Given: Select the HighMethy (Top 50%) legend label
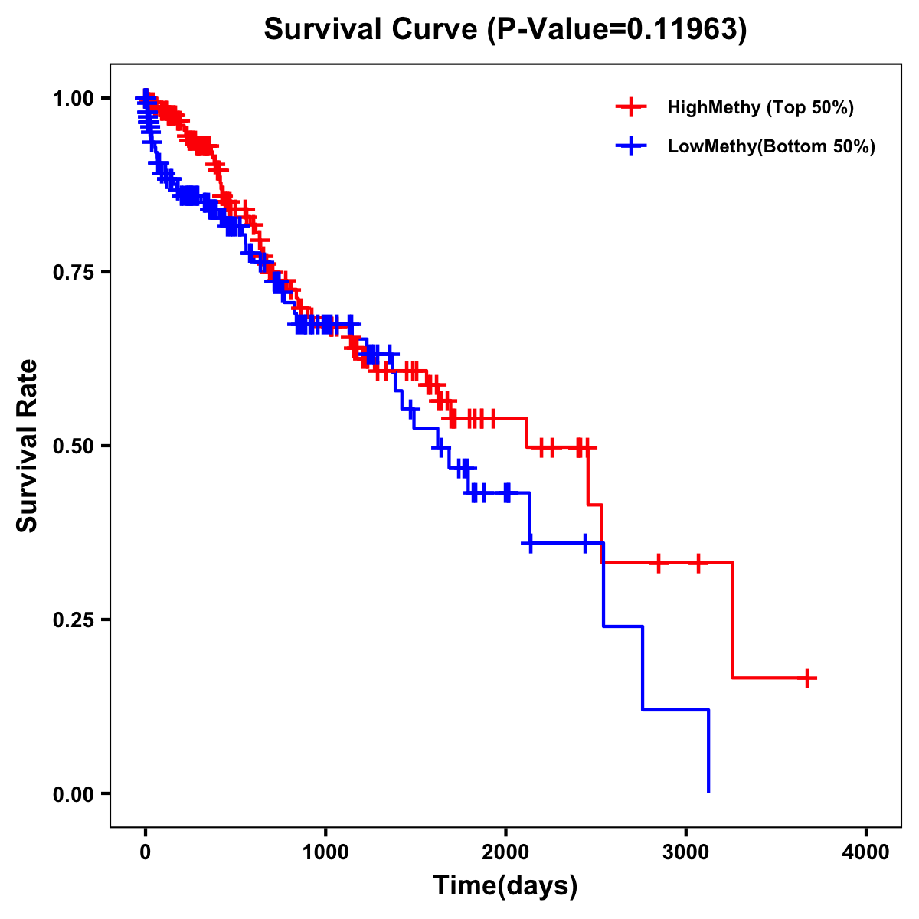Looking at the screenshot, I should [760, 107].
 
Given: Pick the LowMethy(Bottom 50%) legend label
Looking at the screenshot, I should [770, 146].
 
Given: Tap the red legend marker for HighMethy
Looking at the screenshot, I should [630, 107].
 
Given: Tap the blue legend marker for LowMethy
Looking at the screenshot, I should [630, 146].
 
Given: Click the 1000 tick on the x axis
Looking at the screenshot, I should [325, 852].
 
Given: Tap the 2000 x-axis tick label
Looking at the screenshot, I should [505, 852].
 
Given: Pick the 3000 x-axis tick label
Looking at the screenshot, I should [686, 852].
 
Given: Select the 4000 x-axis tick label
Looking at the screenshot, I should [866, 852].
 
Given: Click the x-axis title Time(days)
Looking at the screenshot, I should [505, 886].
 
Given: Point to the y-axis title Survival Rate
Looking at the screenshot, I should [28, 446].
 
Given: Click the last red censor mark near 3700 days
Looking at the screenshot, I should [807, 678].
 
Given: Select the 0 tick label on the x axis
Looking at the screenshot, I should [146, 852].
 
